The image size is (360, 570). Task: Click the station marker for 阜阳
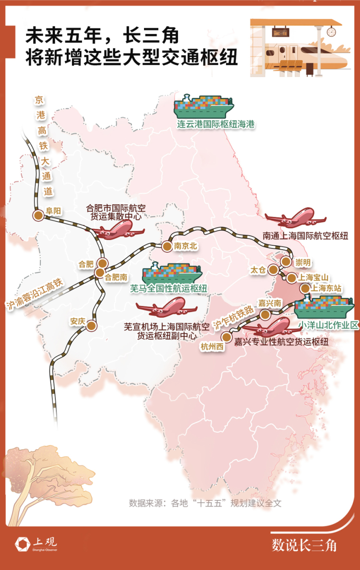point(37,215)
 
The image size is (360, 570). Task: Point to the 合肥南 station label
point(116,277)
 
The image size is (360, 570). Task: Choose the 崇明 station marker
point(286,262)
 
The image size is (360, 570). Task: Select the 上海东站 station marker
point(305,288)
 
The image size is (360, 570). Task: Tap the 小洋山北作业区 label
point(328,325)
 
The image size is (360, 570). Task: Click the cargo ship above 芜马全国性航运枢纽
point(172,272)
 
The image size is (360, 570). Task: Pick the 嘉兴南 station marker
point(265,314)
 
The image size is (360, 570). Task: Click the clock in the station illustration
point(331,32)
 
